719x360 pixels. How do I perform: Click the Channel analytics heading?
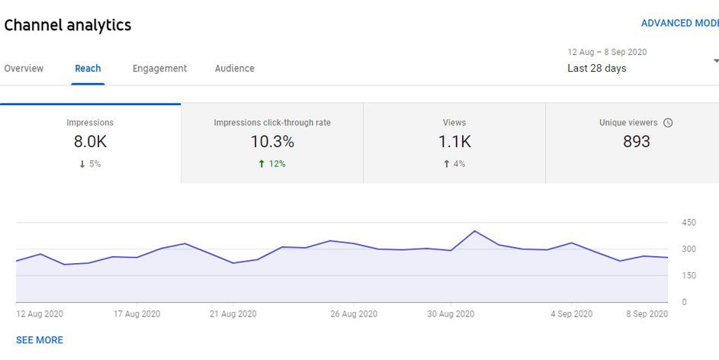[68, 25]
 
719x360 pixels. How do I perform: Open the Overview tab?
[24, 69]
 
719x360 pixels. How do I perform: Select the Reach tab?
[88, 69]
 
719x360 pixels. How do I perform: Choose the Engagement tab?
[159, 69]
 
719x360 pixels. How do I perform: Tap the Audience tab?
[234, 69]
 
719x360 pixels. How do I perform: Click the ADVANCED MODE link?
[679, 24]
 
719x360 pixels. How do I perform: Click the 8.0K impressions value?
[90, 141]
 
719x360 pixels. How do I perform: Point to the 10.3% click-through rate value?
[272, 141]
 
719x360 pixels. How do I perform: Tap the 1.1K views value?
[454, 141]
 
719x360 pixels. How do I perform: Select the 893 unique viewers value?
[637, 141]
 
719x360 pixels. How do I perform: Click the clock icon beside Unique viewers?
[668, 123]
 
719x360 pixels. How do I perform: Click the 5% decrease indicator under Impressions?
[90, 164]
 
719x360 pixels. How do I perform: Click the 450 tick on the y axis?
[689, 223]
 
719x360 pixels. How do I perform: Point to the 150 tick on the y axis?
[689, 276]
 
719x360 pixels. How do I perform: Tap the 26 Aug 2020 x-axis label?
[354, 314]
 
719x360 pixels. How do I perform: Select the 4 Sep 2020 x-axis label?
[571, 314]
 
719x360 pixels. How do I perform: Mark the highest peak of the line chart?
[474, 231]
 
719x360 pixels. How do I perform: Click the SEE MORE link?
[40, 340]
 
